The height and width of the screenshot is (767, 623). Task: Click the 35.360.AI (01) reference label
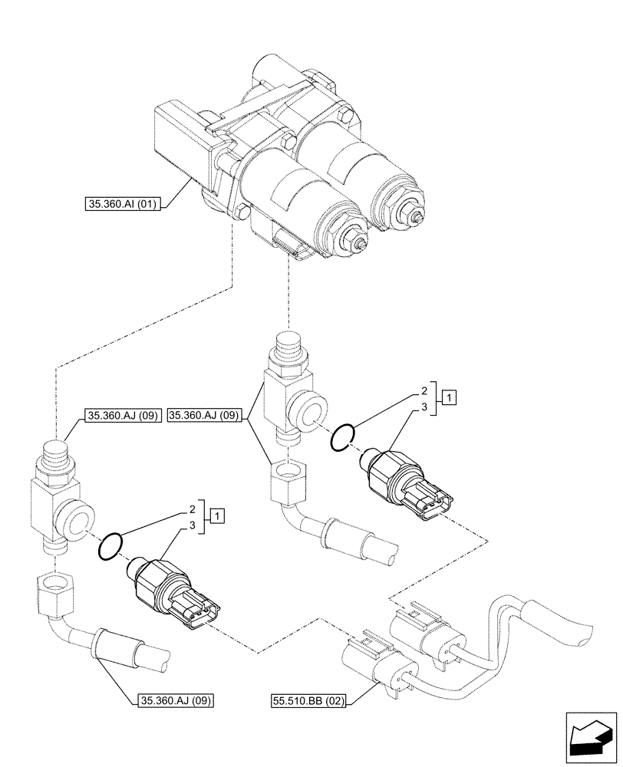[x=121, y=204]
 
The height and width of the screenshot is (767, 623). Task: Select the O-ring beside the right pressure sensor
[x=342, y=438]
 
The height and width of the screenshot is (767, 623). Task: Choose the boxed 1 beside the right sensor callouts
[x=450, y=397]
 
